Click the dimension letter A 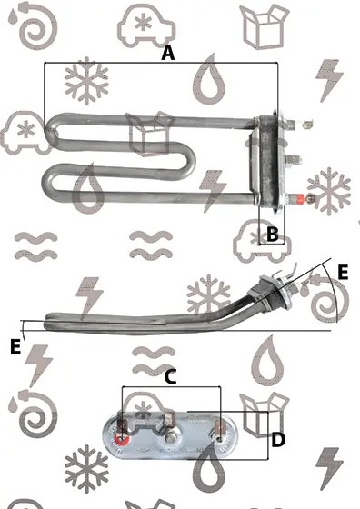coord(168,53)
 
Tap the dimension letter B coord(273,234)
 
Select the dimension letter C coord(170,376)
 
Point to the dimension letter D coord(278,440)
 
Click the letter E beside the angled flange coord(343,273)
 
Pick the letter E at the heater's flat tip coord(15,346)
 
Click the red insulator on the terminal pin coord(298,198)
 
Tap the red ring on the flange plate coord(122,440)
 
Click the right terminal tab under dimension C coord(219,430)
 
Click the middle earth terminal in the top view coord(293,160)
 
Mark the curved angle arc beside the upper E coord(335,292)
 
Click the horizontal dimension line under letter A coord(161,63)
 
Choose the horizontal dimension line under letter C coord(171,386)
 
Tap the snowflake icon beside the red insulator coord(329,191)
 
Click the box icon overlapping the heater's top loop coord(150,134)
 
